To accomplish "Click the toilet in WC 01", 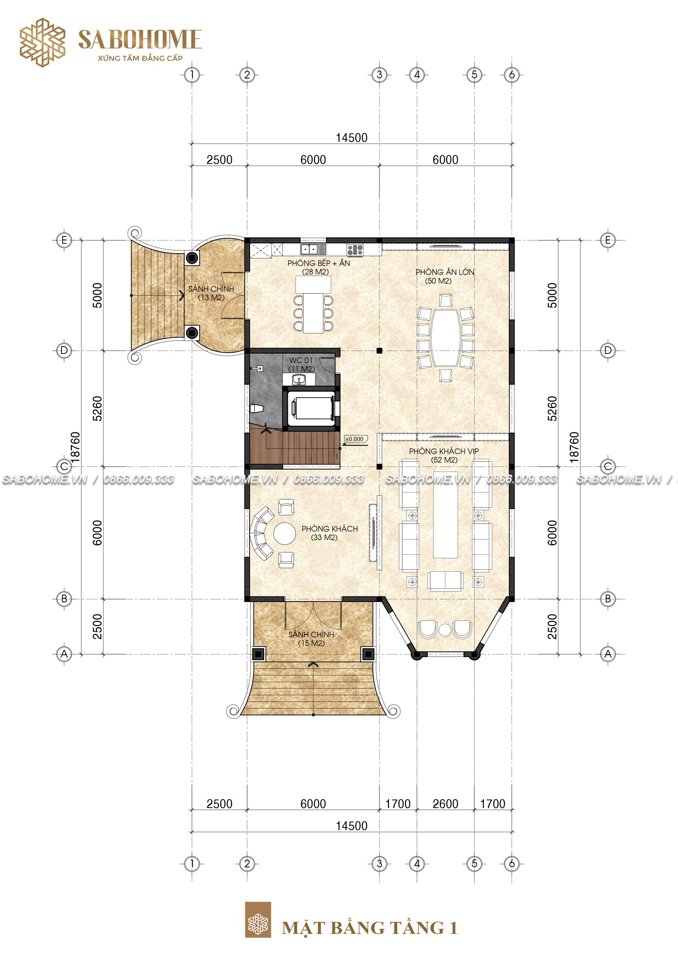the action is coord(255,408).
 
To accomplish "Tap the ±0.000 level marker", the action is coord(355,439).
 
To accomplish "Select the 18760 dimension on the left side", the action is coord(75,447).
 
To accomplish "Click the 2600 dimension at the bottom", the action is coord(445,804).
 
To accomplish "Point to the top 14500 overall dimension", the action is coord(352,137).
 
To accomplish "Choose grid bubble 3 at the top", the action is coord(379,75).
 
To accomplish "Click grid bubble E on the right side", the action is coord(608,240).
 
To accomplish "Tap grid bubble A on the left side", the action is coord(64,654).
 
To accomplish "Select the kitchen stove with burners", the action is coord(355,250).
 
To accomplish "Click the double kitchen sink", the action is coord(313,249).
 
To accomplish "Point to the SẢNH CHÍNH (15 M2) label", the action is coord(311,638).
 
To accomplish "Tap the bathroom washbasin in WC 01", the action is coord(299,380).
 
